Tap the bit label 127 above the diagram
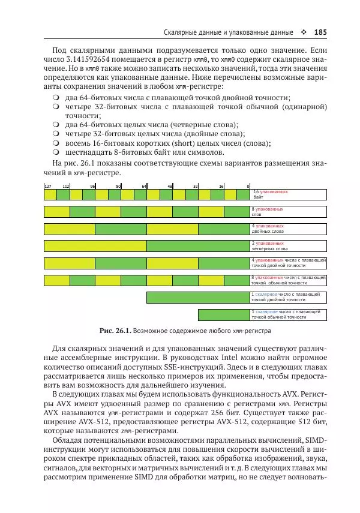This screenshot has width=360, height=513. [47, 187]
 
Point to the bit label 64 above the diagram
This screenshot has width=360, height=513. [144, 187]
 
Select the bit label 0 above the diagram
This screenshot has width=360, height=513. [248, 187]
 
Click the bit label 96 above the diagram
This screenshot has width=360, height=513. [92, 187]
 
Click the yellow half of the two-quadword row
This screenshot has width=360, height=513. [95, 245]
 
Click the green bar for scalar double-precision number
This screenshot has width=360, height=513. [198, 297]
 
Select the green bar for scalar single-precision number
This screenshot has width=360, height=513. [224, 314]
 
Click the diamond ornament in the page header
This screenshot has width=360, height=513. [303, 32]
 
